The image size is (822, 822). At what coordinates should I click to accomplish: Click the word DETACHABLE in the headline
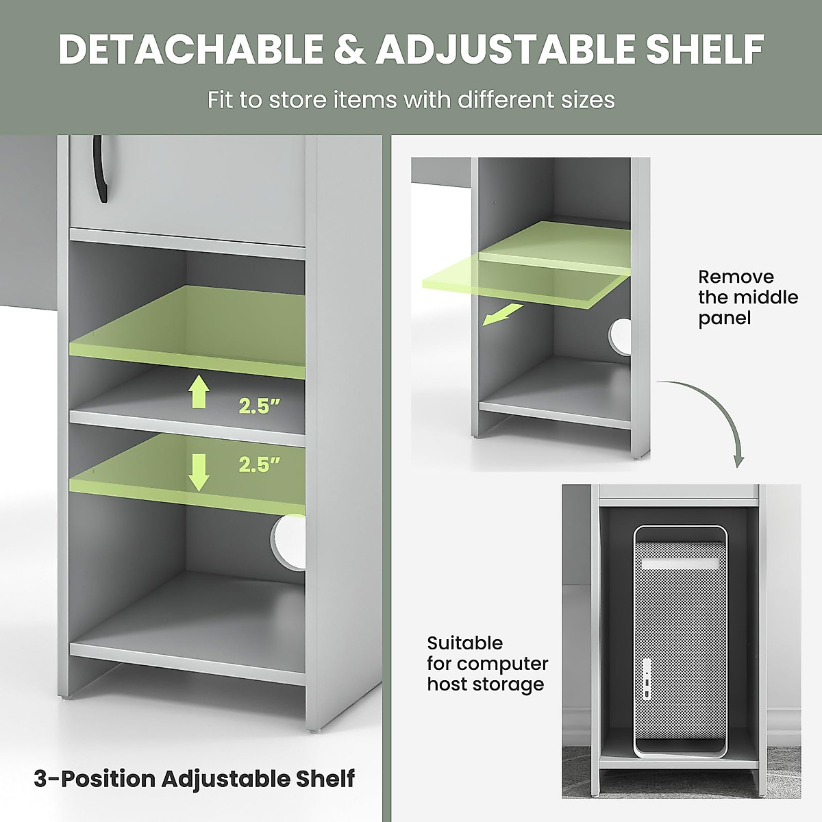190,49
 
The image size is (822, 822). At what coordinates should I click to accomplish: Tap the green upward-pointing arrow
199,393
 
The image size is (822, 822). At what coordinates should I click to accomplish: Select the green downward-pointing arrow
199,472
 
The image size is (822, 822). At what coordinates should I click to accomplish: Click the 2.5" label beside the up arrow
260,406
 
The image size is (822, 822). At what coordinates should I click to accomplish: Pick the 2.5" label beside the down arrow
260,465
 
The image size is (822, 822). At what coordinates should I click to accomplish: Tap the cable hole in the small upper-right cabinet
621,334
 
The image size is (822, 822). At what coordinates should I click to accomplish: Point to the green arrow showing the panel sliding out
501,315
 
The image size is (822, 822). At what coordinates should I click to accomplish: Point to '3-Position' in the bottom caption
95,779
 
